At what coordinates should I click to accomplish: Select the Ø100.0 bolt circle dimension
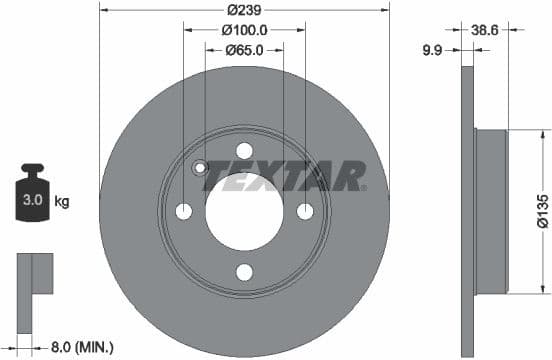[245, 30]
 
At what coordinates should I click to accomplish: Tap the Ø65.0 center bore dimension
[245, 49]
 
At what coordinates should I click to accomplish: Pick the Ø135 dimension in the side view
[540, 211]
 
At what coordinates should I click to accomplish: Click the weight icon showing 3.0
[33, 194]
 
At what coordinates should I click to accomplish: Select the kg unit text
[62, 202]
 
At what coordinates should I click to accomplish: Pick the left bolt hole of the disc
[184, 211]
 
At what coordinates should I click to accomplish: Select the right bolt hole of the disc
[306, 211]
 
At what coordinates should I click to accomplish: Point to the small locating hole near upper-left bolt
[199, 168]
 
